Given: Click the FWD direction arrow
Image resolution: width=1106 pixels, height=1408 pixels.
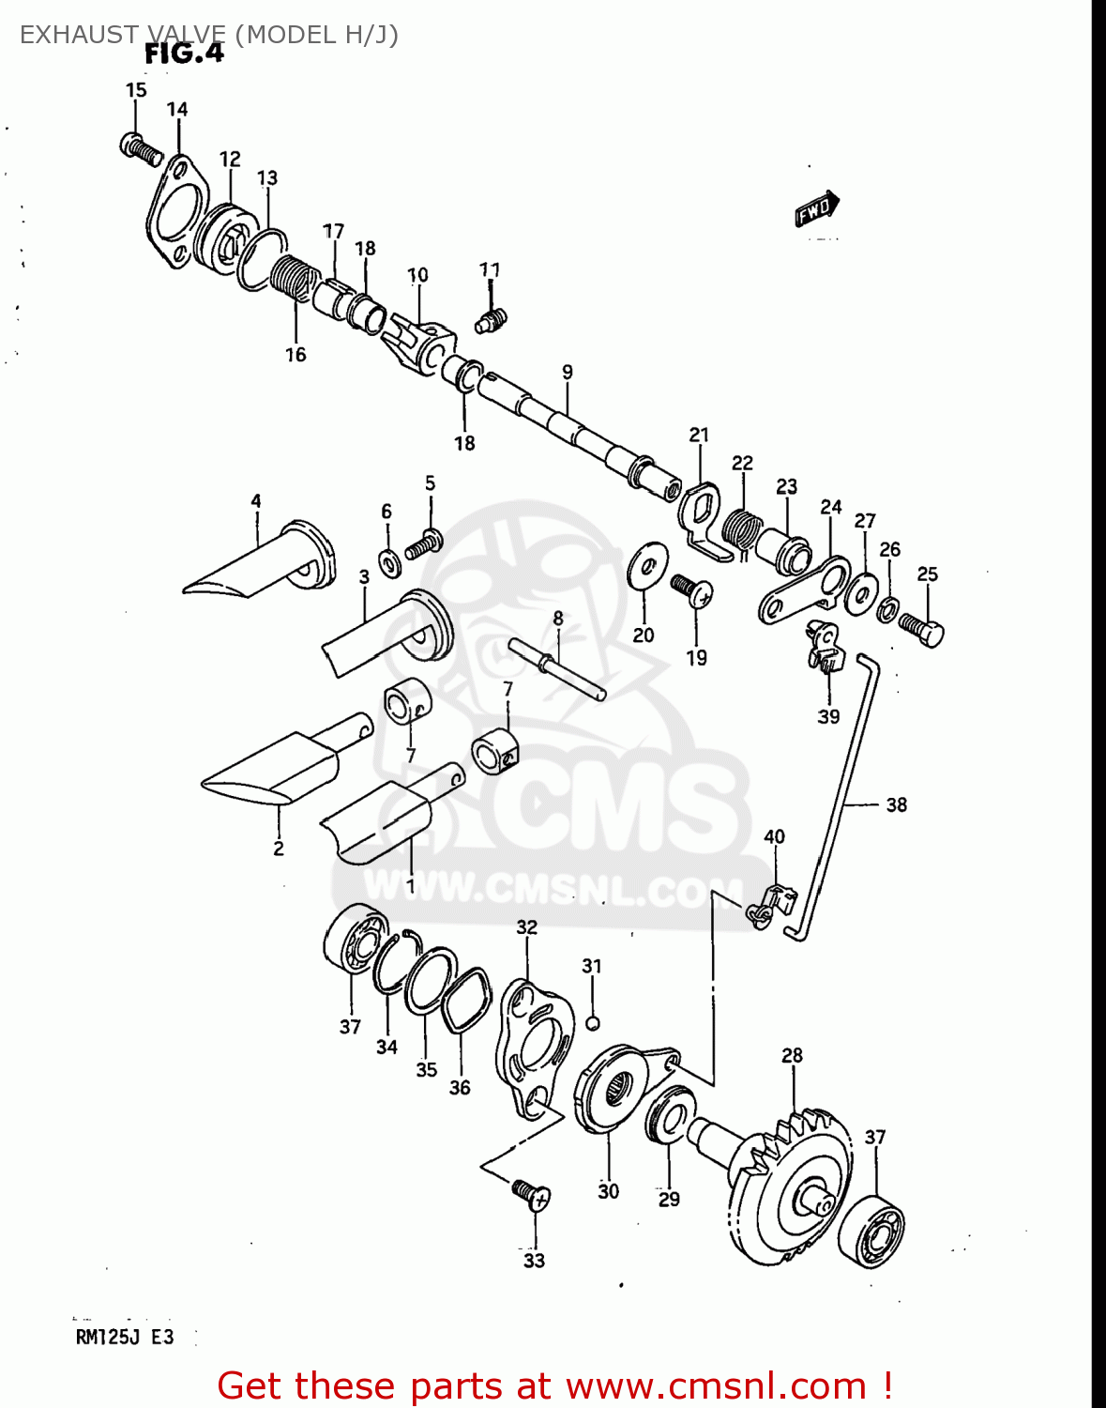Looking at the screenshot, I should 816,208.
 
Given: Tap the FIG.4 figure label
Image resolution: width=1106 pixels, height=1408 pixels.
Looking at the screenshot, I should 184,54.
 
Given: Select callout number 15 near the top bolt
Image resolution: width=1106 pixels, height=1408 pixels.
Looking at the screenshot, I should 136,90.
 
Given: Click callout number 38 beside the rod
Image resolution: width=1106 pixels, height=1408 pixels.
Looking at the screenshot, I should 896,804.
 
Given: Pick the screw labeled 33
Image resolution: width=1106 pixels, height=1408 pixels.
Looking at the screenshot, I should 531,1194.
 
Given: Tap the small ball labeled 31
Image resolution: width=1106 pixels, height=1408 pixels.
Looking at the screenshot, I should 592,1022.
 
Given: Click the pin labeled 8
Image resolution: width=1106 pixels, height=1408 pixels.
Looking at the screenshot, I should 557,667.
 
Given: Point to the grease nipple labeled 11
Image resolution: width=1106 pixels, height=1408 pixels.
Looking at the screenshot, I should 490,320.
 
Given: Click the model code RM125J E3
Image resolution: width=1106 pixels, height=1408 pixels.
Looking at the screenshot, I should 125,1338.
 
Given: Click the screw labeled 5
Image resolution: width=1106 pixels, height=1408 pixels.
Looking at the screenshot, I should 424,543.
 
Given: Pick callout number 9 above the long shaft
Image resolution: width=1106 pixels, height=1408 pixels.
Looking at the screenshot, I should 568,373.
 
